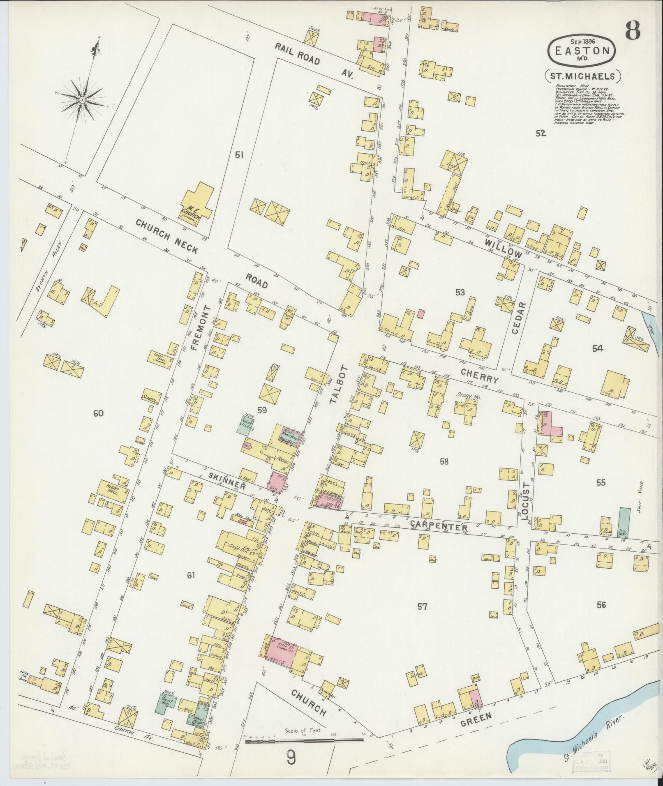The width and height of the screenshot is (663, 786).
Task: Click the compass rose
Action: tap(82, 99)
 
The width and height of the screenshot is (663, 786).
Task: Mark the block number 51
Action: tap(239, 155)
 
